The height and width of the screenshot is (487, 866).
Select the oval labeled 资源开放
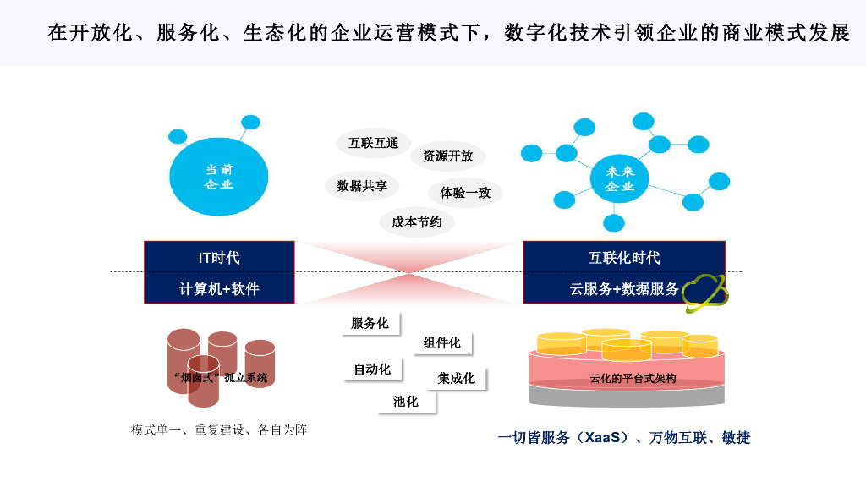click(447, 156)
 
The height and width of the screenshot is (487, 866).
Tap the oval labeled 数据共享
click(362, 186)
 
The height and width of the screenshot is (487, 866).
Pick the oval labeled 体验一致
click(465, 192)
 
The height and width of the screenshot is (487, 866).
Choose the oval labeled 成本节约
click(417, 222)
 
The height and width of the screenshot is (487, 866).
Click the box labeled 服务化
click(370, 324)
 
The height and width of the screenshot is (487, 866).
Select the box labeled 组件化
click(443, 342)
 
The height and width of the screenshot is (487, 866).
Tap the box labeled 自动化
click(373, 369)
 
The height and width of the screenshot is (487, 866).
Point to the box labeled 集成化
click(457, 378)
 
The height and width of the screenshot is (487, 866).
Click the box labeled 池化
click(407, 402)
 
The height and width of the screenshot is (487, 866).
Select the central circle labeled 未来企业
click(620, 178)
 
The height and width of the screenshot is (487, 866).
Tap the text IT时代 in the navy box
click(219, 258)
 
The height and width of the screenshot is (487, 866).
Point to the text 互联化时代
click(624, 258)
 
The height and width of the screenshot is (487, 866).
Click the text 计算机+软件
click(219, 288)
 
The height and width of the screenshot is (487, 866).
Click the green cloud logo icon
click(705, 293)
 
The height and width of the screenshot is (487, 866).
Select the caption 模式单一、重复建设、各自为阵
click(219, 430)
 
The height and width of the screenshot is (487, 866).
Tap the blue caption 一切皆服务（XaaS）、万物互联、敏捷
click(624, 437)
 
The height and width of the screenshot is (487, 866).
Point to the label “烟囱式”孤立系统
click(219, 378)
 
